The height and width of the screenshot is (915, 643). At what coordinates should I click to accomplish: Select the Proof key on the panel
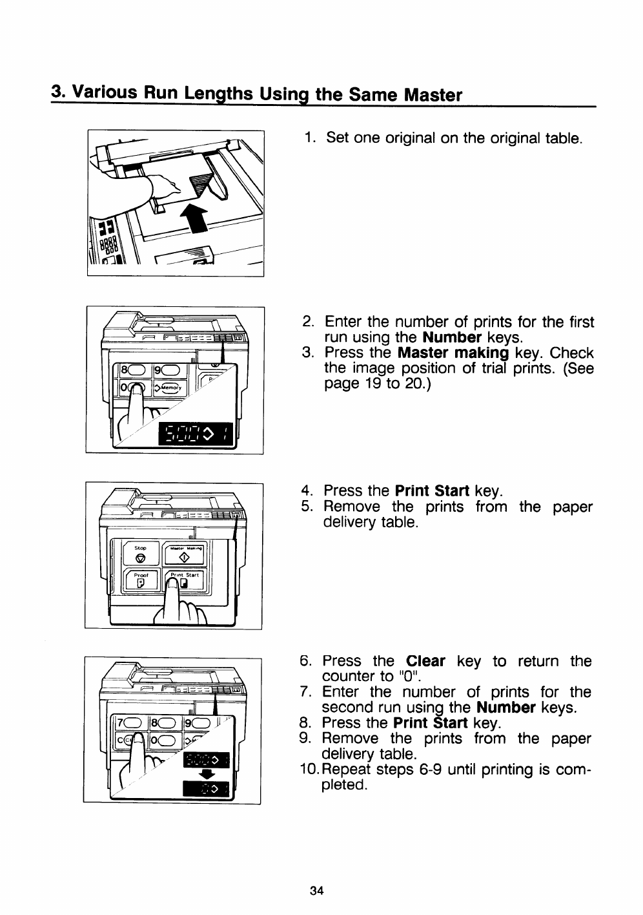click(141, 581)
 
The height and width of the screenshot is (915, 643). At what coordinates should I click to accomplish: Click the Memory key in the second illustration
click(168, 388)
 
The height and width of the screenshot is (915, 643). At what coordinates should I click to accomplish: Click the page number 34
click(316, 891)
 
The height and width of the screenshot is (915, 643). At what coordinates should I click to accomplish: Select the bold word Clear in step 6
click(426, 662)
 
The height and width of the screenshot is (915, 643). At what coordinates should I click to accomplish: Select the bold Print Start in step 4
click(431, 491)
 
